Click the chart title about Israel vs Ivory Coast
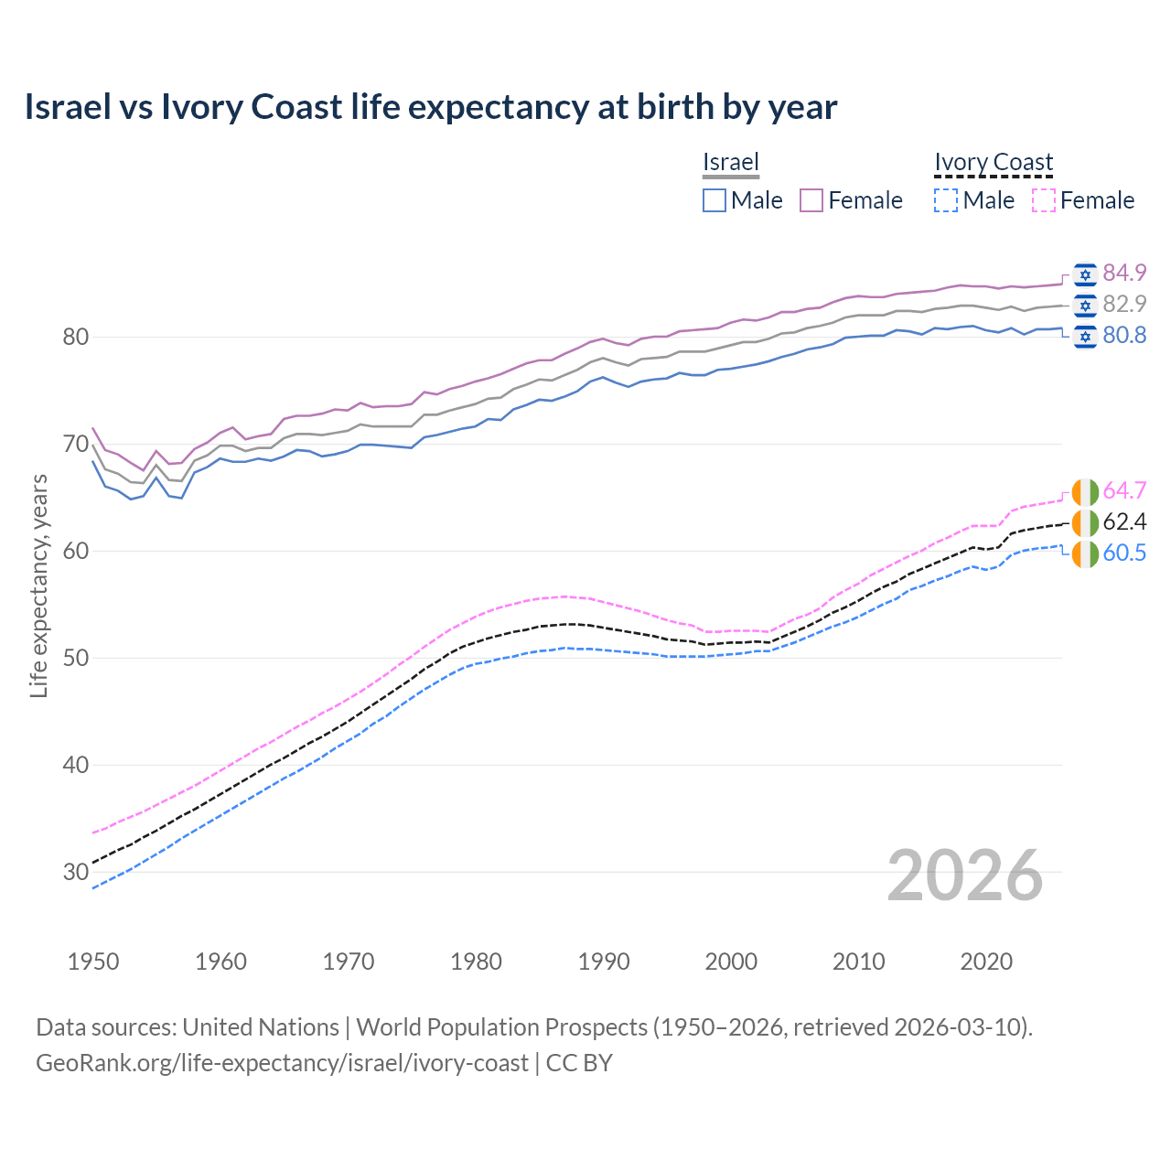pos(430,107)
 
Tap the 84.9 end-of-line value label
pos(1124,273)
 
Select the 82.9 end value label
pos(1124,304)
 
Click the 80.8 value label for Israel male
pos(1124,335)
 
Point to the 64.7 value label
pos(1124,490)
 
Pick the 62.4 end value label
pos(1124,521)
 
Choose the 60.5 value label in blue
pos(1124,553)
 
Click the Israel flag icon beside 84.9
pos(1085,274)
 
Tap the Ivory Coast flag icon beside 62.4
pos(1085,522)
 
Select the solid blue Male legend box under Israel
pos(714,200)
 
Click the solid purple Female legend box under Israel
pos(811,200)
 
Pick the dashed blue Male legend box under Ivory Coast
pos(946,200)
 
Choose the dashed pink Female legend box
pos(1044,200)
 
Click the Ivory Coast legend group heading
pos(994,162)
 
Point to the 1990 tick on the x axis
pos(604,962)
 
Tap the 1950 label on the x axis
pos(93,962)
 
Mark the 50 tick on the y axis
pos(75,658)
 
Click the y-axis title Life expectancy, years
pos(38,585)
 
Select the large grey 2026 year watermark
pos(964,876)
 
